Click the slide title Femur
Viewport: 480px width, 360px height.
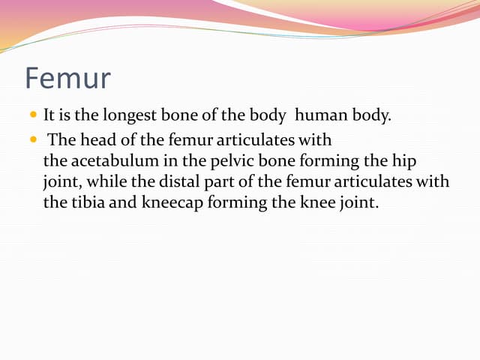(x=68, y=77)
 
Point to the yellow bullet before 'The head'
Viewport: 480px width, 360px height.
(x=34, y=139)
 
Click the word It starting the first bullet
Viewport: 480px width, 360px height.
(x=49, y=116)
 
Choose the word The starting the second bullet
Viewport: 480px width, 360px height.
(x=60, y=139)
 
